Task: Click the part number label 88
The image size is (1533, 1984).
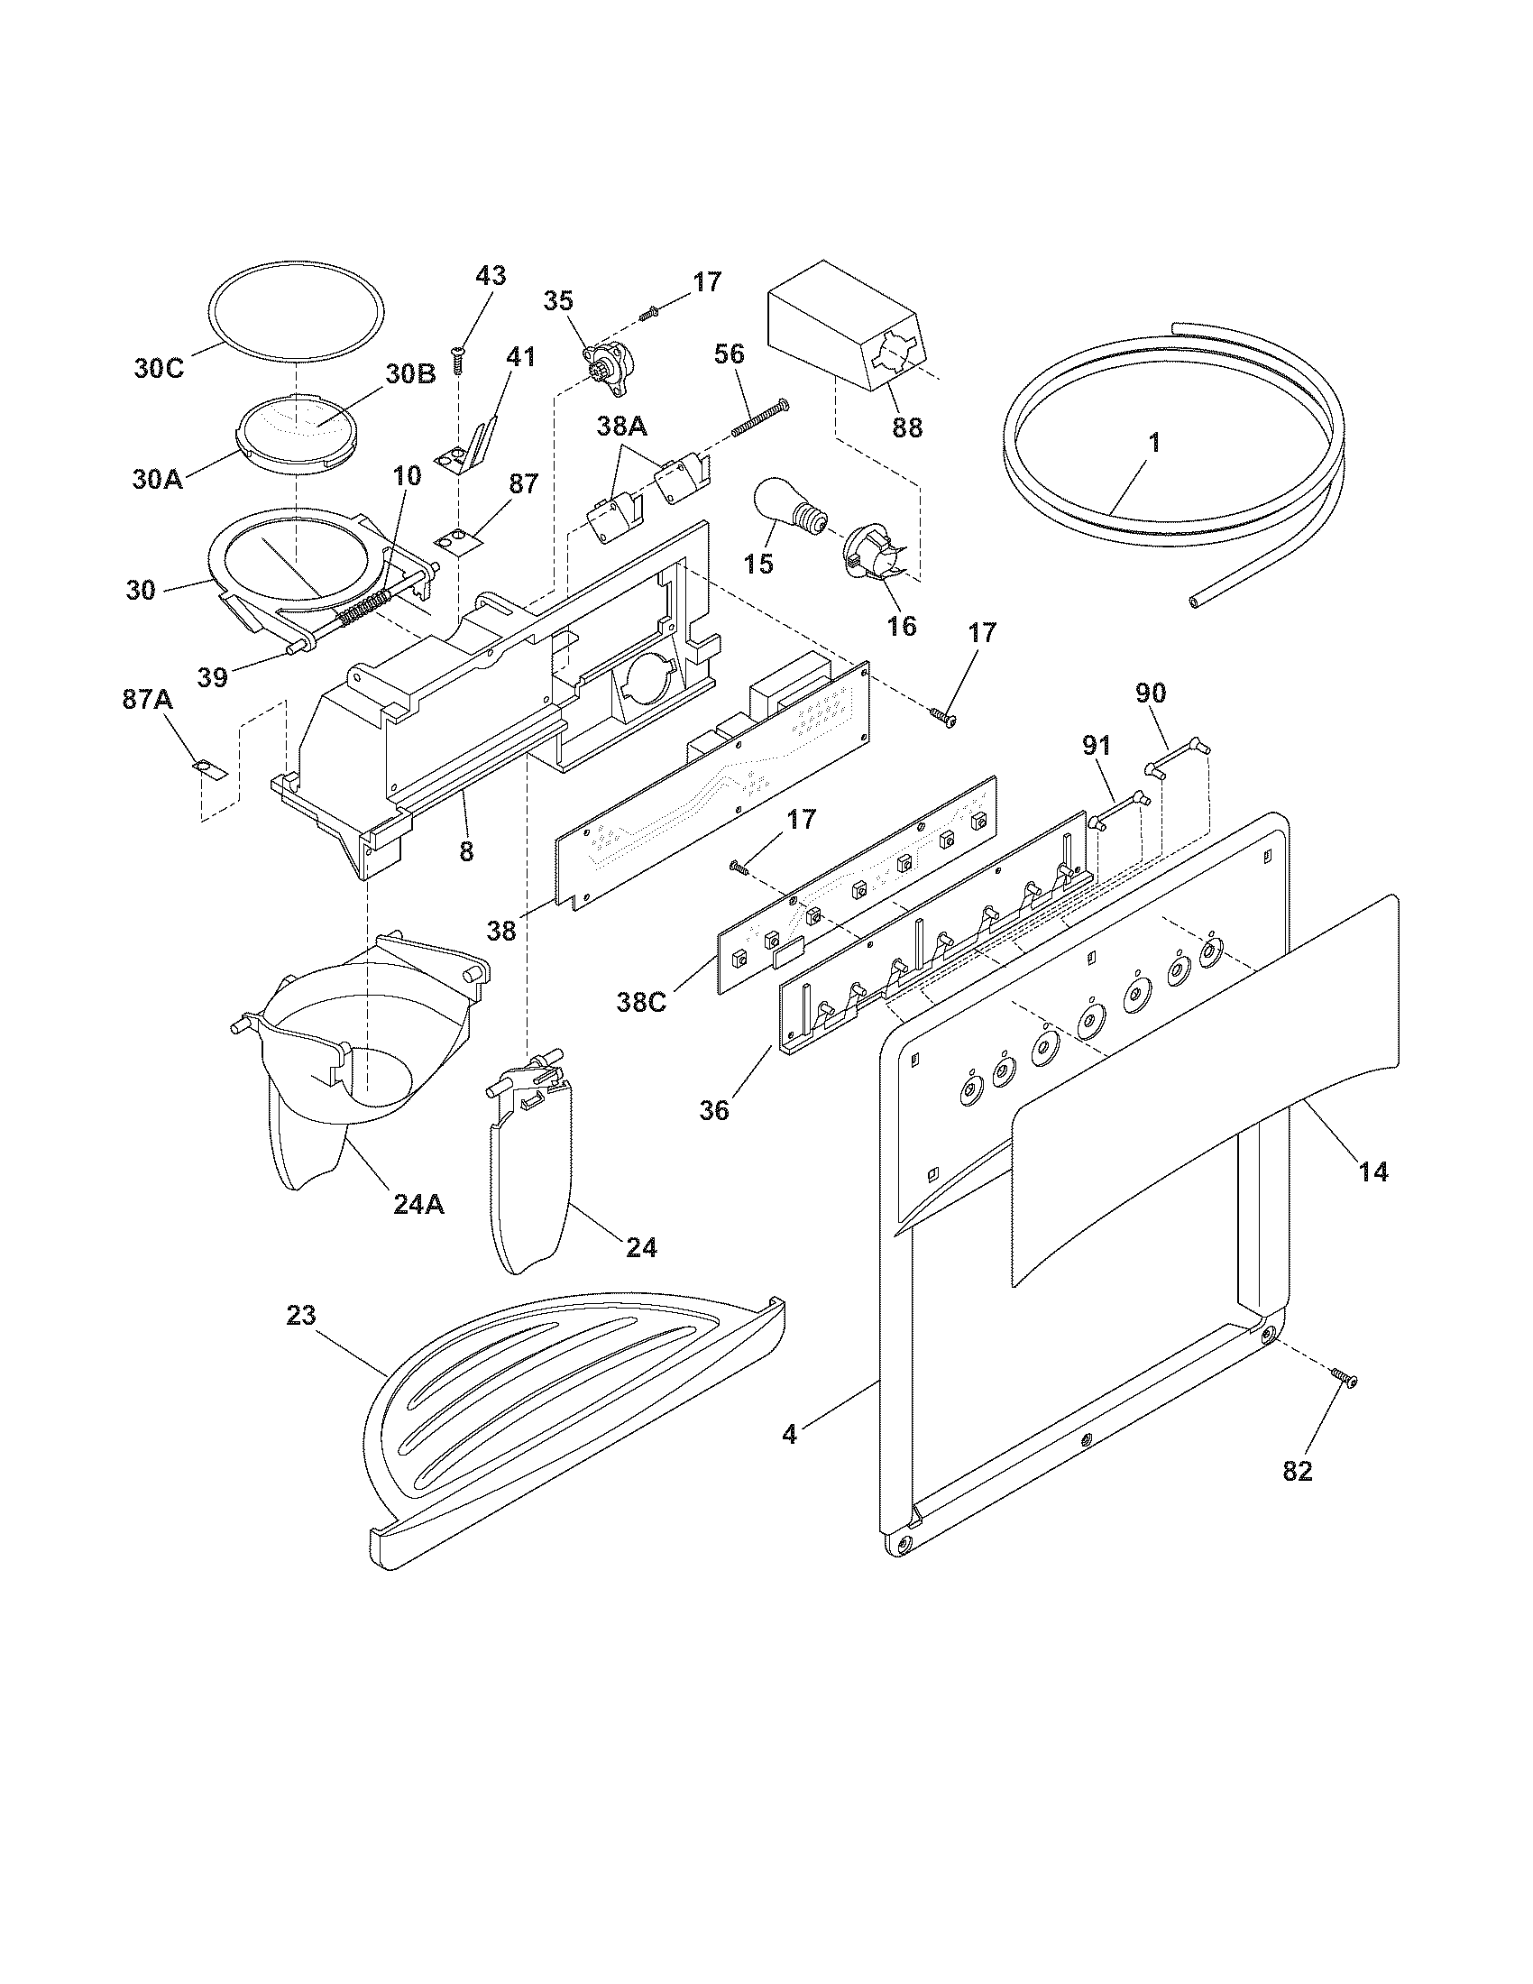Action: click(x=906, y=427)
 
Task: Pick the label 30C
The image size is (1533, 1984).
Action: click(x=159, y=368)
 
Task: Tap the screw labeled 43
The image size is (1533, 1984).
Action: click(x=459, y=362)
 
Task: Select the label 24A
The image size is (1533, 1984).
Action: click(x=418, y=1204)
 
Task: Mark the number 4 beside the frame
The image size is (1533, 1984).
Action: click(x=789, y=1435)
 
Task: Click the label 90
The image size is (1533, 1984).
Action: click(x=1150, y=693)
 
